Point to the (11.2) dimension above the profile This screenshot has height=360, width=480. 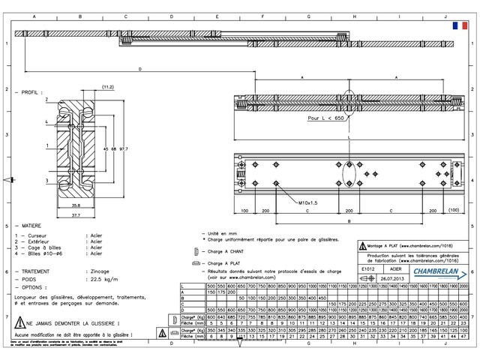(107, 88)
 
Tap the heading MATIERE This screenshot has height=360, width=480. (31, 225)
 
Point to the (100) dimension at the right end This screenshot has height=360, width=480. (453, 211)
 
